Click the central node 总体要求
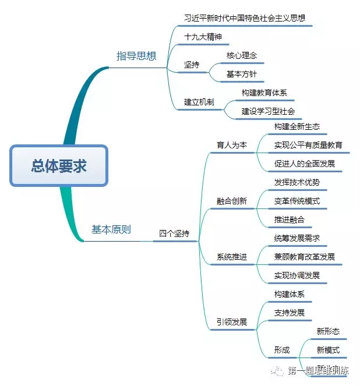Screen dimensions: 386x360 point(59,166)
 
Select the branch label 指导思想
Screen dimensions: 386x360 point(136,56)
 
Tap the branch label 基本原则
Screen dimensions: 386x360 point(111,229)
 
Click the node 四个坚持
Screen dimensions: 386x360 point(174,233)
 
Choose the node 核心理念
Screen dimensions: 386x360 point(241,55)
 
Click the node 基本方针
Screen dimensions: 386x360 point(241,75)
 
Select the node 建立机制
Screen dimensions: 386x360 point(199,102)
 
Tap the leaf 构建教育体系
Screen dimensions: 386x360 point(264,92)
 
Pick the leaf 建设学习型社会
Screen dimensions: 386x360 point(268,111)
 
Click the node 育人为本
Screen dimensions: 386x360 point(231,145)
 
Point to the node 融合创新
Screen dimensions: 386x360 point(231,201)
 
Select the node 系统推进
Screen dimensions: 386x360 point(231,257)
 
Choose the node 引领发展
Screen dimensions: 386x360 point(231,322)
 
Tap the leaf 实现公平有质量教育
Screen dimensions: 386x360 point(308,145)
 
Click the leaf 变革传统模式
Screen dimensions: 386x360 point(297,201)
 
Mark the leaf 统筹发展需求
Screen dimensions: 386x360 point(297,238)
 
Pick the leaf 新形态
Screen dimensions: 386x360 point(328,331)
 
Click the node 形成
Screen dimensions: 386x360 point(282,350)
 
